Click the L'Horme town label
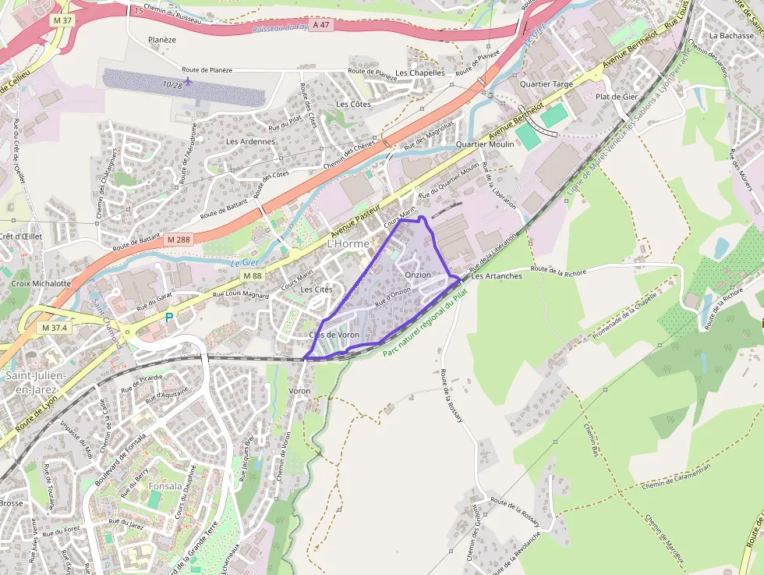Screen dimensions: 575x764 pos(348,243)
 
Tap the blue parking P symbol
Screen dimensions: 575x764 pos(168,318)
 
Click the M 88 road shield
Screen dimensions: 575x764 pos(251,275)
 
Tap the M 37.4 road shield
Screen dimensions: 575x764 pos(57,328)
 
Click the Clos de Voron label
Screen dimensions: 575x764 pos(334,335)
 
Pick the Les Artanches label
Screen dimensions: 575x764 pos(497,276)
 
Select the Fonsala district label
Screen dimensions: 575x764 pos(164,486)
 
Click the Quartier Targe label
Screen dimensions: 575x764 pos(546,83)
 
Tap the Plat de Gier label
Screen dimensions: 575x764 pos(617,96)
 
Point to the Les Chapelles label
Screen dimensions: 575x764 pos(419,73)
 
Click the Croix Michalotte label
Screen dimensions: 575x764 pos(41,283)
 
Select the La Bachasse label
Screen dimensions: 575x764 pos(731,36)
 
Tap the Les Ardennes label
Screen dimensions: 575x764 pos(250,141)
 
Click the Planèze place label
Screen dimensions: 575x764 pos(162,40)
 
